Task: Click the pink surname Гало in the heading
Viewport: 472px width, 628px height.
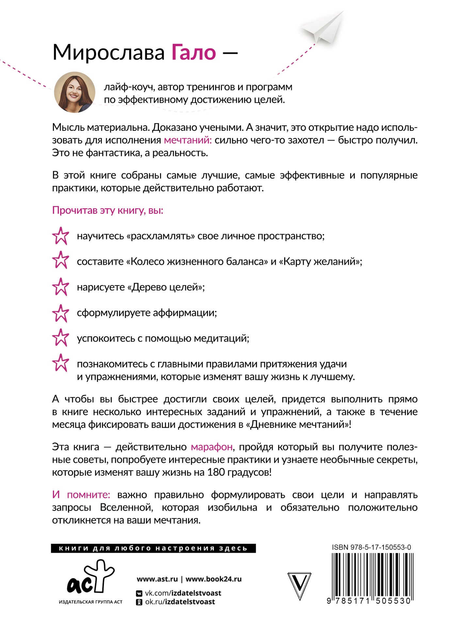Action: click(x=194, y=53)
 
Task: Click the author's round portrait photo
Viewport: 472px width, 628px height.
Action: click(x=74, y=92)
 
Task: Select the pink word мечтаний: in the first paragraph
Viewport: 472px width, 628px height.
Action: click(x=188, y=140)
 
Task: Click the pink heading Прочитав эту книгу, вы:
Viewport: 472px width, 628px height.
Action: click(x=107, y=210)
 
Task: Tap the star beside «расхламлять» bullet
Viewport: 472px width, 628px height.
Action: click(x=61, y=236)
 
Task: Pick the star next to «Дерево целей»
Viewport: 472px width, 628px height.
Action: click(x=61, y=287)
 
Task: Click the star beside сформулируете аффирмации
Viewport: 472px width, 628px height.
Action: click(x=61, y=313)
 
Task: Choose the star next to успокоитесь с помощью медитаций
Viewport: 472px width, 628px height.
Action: click(x=61, y=338)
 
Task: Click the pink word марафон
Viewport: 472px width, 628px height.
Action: click(x=212, y=447)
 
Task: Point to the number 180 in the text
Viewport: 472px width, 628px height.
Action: click(x=215, y=472)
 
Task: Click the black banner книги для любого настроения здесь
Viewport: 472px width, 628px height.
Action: click(x=153, y=548)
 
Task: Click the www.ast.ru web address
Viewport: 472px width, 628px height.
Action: click(x=157, y=579)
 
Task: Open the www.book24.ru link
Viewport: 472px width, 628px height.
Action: click(x=214, y=579)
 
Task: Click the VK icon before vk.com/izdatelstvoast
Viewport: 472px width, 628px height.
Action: click(x=139, y=593)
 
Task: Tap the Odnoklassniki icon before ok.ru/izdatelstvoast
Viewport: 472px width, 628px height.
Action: click(x=139, y=602)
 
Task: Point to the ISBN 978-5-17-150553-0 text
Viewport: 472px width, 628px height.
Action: click(x=371, y=547)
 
